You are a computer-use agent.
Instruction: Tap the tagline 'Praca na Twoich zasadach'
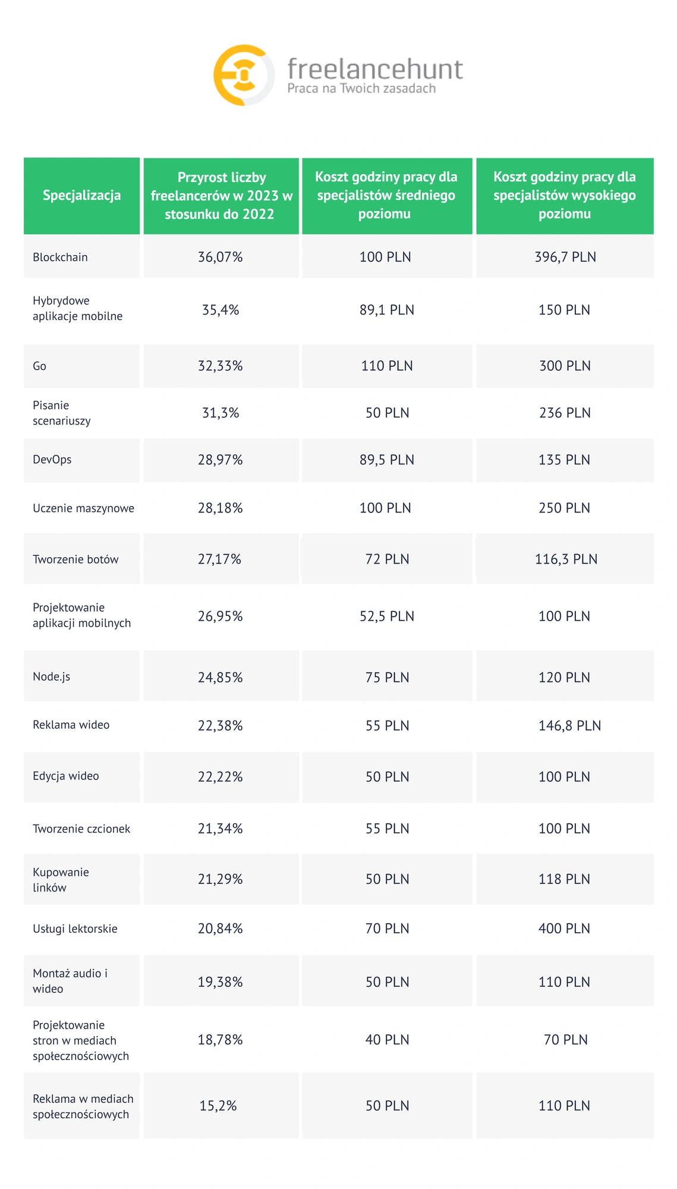coord(361,89)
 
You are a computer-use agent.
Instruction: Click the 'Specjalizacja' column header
coord(81,196)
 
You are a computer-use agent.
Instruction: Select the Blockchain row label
coord(60,257)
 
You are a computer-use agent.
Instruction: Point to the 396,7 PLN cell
coord(565,257)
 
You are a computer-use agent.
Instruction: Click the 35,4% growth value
coord(221,310)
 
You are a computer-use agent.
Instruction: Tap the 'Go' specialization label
coord(39,366)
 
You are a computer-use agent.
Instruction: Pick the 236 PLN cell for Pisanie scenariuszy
coord(565,413)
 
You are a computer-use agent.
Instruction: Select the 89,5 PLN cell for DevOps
coord(387,460)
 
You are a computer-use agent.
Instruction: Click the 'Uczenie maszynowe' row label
coord(83,508)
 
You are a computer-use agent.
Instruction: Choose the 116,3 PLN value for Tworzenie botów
coord(566,559)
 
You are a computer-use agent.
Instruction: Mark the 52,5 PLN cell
coord(387,616)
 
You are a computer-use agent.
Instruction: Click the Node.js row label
coord(51,677)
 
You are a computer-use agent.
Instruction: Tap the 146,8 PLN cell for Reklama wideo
coord(569,726)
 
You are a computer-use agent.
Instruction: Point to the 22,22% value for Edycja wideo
coord(221,777)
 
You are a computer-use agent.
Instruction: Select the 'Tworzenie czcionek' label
coord(81,829)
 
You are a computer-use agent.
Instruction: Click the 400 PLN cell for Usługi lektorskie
coord(564,929)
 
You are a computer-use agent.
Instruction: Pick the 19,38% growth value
coord(221,982)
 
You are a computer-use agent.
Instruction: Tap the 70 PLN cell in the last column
coord(565,1040)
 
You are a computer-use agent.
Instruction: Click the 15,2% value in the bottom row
coord(218,1106)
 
